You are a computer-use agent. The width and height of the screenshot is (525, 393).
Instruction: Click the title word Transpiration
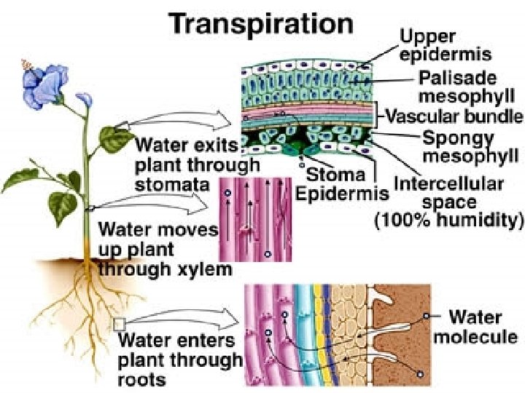point(261,23)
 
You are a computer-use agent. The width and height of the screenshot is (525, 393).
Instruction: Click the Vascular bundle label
point(454,116)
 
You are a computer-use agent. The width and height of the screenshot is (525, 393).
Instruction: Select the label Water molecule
point(475,327)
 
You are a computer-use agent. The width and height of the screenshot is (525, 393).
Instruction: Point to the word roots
point(141,378)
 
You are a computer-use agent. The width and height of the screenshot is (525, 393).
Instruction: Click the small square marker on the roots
point(120,324)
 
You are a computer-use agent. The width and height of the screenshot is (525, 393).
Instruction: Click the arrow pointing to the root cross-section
point(190,320)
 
